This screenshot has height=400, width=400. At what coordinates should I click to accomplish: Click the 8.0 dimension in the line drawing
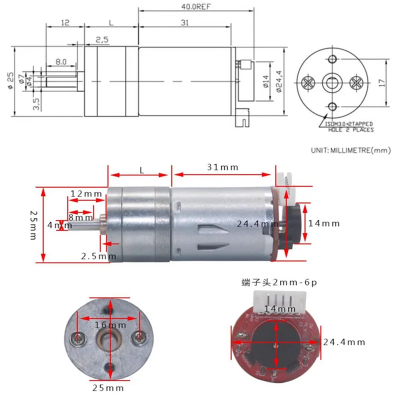(x=61, y=61)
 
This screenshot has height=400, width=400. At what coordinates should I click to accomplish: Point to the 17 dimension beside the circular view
(x=383, y=82)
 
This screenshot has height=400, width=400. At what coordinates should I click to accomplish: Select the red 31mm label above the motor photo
(x=222, y=167)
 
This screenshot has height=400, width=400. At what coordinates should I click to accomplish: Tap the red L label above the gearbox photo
(x=141, y=170)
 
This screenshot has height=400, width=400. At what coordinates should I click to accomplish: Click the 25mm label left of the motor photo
(x=33, y=224)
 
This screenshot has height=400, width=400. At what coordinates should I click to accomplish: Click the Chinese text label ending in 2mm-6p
(x=278, y=283)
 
